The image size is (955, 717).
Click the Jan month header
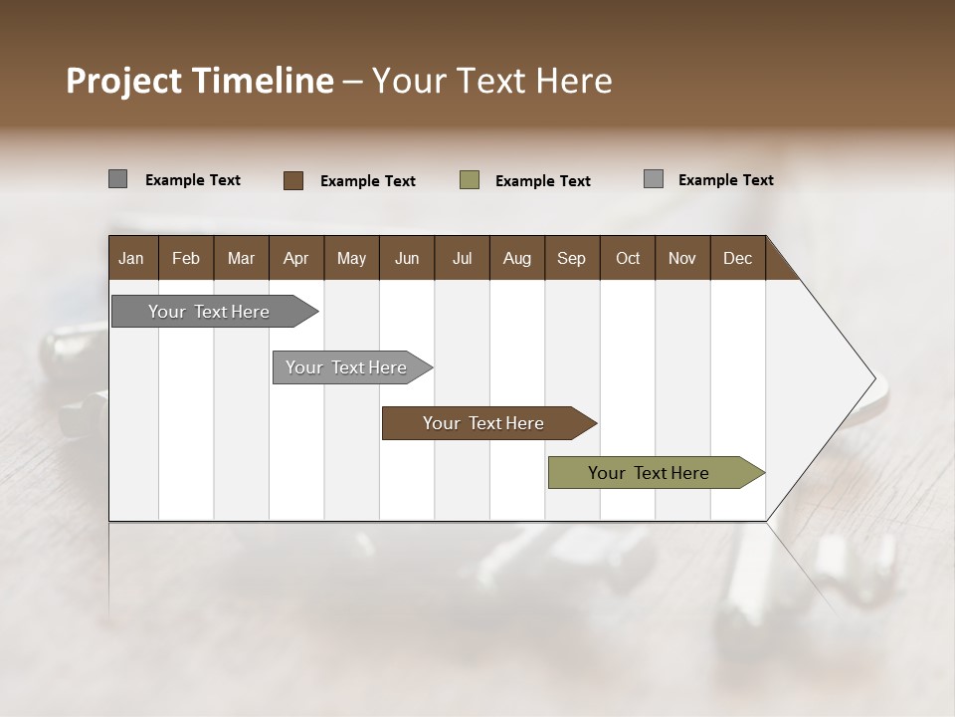click(131, 258)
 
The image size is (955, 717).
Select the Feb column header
click(186, 258)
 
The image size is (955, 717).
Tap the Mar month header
click(241, 258)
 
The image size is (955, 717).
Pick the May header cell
click(351, 258)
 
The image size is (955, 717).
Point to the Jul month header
click(462, 258)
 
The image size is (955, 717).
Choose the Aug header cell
click(517, 258)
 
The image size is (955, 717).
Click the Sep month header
click(572, 258)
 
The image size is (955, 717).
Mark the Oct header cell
click(628, 258)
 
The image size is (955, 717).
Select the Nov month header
click(682, 258)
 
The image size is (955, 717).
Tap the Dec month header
click(738, 258)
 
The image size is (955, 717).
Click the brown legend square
click(293, 180)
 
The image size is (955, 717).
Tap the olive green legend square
click(470, 180)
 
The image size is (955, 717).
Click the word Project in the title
click(124, 81)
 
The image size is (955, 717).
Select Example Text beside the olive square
click(543, 181)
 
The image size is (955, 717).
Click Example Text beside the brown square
click(368, 181)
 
